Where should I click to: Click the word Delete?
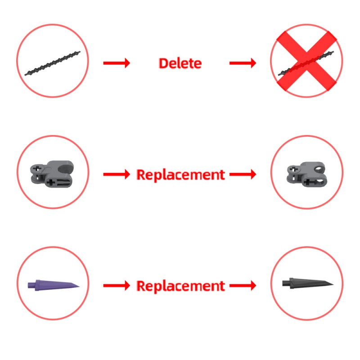[x=180, y=63]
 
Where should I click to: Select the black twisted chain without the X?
[x=53, y=63]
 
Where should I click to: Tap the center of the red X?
[x=306, y=61]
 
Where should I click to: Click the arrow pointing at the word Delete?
[x=117, y=63]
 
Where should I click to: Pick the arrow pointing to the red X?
[x=243, y=63]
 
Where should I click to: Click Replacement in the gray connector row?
[x=181, y=175]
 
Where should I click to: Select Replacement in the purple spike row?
[x=181, y=286]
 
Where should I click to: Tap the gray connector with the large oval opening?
[x=52, y=174]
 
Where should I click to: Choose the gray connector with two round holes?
[x=306, y=174]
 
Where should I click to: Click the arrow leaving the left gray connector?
[x=117, y=175]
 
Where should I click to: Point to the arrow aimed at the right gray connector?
[x=243, y=175]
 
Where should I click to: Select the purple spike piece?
[x=54, y=285]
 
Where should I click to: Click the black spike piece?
[x=308, y=283]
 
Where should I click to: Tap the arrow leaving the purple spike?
[x=117, y=286]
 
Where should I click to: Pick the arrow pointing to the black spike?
[x=243, y=286]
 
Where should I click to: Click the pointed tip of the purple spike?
[x=79, y=286]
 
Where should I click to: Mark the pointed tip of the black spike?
[x=333, y=285]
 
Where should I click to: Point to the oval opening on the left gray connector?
[x=65, y=168]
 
